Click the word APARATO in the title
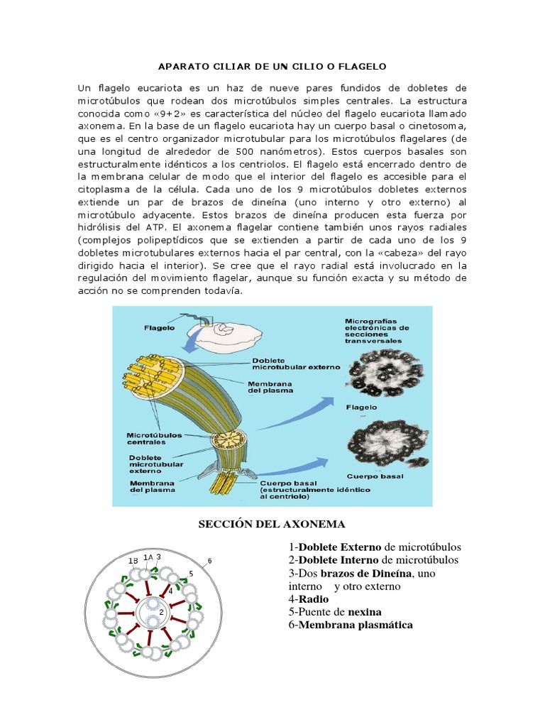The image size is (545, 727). (177, 66)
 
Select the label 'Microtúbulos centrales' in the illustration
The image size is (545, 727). (154, 437)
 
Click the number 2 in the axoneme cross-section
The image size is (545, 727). (162, 611)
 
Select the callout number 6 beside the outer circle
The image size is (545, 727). (209, 561)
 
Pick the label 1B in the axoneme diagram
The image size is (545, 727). (133, 560)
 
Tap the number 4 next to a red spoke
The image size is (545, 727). (170, 590)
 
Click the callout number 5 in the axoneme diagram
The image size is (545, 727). (191, 573)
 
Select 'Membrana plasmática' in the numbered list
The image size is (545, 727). (356, 625)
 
